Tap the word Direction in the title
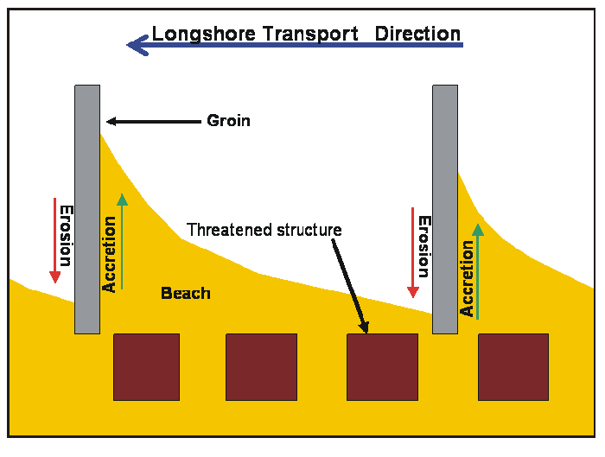[417, 34]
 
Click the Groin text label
[228, 121]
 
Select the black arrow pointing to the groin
[151, 122]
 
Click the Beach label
[186, 294]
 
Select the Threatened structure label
[264, 230]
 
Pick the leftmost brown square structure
[147, 367]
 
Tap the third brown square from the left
[382, 367]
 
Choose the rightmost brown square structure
[513, 367]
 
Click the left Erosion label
[66, 235]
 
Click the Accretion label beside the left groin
[110, 254]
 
